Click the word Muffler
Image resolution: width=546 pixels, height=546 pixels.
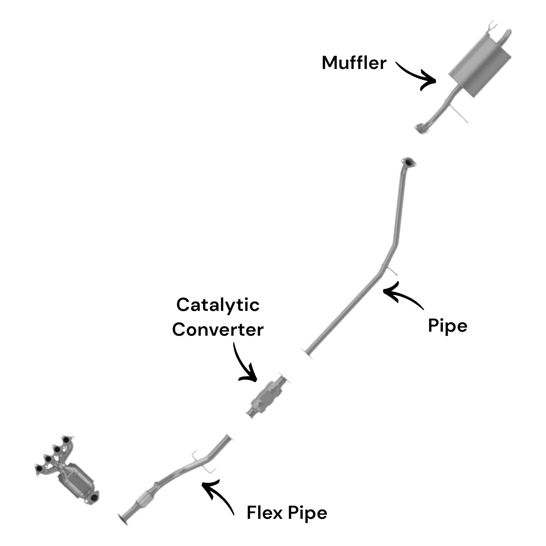point(354,63)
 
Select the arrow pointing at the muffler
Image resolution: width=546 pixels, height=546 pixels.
point(416,74)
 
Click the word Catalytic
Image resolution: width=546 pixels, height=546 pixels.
point(218,305)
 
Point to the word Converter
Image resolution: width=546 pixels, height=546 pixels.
point(218,329)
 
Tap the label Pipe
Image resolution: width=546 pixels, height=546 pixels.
point(447,326)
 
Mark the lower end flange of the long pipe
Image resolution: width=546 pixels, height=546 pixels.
point(307,353)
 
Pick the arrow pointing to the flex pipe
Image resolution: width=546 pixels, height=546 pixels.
point(219,495)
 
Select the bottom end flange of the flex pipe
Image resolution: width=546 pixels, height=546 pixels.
point(123,519)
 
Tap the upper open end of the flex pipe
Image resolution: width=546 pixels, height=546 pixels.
point(228,438)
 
